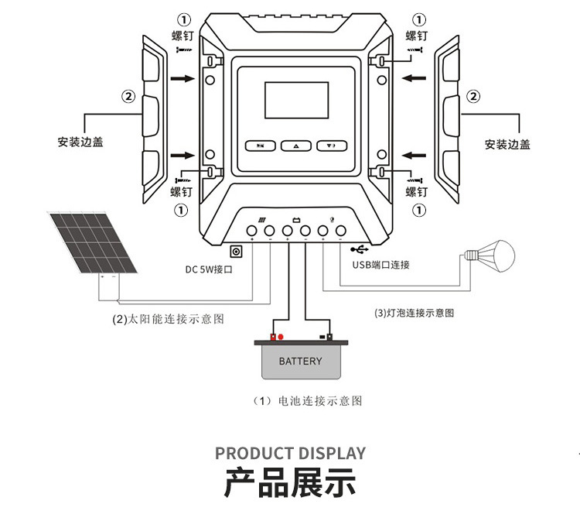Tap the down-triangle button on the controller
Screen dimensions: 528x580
[x=330, y=146]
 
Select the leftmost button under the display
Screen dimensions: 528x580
[x=261, y=146]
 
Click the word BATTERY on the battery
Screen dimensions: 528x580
[x=300, y=362]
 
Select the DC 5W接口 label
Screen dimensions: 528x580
[x=209, y=269]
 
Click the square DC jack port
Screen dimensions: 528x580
[x=237, y=251]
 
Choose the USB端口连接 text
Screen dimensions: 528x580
[x=380, y=265]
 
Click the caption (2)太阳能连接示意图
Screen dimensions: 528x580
[x=168, y=319]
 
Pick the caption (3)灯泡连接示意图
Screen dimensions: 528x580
[x=414, y=313]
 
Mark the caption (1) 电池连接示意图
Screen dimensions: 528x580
[x=308, y=401]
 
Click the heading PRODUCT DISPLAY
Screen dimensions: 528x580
[x=290, y=454]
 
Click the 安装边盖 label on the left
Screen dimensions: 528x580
[x=80, y=142]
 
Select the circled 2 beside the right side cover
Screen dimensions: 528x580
[x=471, y=97]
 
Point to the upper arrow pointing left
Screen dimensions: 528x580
[x=415, y=77]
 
